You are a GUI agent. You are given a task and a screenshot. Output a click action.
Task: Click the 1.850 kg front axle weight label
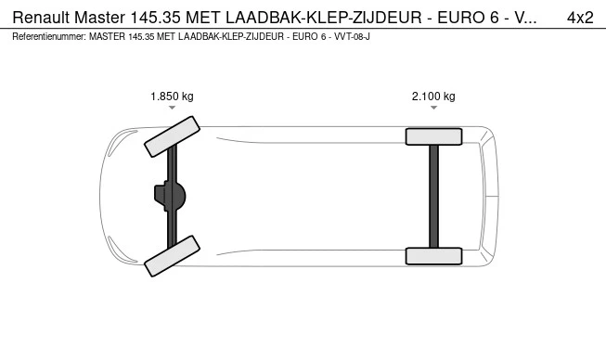pyautogui.click(x=172, y=96)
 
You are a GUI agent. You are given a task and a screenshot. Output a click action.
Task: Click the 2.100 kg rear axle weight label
pyautogui.click(x=433, y=96)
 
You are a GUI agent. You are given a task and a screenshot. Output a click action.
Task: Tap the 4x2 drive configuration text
pyautogui.click(x=580, y=18)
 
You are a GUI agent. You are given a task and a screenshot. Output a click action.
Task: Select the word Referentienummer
pyautogui.click(x=48, y=36)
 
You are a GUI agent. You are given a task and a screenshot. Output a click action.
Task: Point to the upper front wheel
pyautogui.click(x=172, y=136)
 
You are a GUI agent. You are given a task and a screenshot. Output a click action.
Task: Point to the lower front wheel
pyautogui.click(x=172, y=255)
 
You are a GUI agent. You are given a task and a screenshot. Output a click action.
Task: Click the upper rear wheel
pyautogui.click(x=433, y=136)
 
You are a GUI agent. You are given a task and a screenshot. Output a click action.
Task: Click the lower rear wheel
pyautogui.click(x=433, y=255)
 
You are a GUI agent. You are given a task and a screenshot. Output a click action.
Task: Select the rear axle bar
pyautogui.click(x=433, y=196)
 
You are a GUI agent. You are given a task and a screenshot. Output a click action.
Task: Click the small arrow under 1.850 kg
pyautogui.click(x=172, y=109)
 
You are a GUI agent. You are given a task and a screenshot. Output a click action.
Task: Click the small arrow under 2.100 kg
pyautogui.click(x=433, y=109)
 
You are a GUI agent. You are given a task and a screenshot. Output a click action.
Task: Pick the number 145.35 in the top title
pyautogui.click(x=161, y=18)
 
